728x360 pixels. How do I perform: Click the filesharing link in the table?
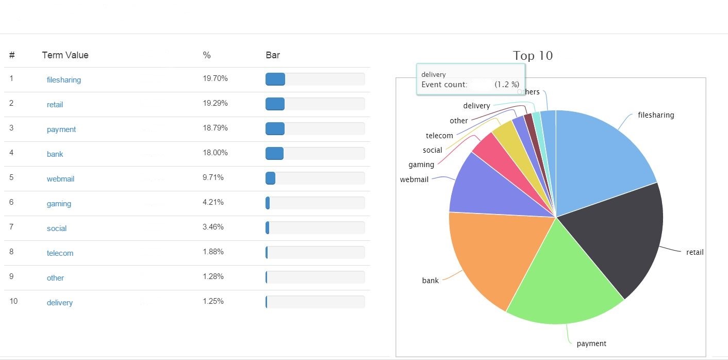pyautogui.click(x=63, y=80)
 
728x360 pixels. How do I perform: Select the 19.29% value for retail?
pyautogui.click(x=215, y=103)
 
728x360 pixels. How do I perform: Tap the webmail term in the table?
pyautogui.click(x=60, y=179)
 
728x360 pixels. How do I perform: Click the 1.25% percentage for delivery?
pyautogui.click(x=213, y=301)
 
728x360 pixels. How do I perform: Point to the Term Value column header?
pyautogui.click(x=65, y=55)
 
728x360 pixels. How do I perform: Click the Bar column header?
pyautogui.click(x=273, y=55)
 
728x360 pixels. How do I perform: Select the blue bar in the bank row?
pyautogui.click(x=274, y=154)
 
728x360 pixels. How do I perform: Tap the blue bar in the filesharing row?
pyautogui.click(x=275, y=79)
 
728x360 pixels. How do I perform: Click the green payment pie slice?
pyautogui.click(x=562, y=279)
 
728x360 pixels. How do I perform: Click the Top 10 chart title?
pyautogui.click(x=533, y=56)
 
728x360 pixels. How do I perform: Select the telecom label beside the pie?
pyautogui.click(x=439, y=136)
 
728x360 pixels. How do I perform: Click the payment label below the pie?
pyautogui.click(x=591, y=343)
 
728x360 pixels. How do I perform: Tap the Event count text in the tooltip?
pyautogui.click(x=444, y=85)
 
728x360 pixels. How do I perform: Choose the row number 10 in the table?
pyautogui.click(x=13, y=301)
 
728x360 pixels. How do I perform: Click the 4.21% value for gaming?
pyautogui.click(x=213, y=202)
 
